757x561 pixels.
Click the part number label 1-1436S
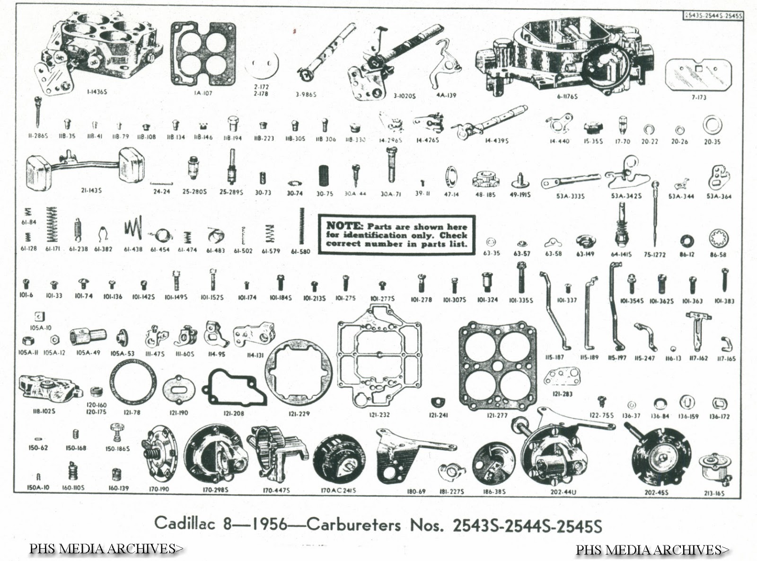(97, 92)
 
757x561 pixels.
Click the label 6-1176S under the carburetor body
(567, 97)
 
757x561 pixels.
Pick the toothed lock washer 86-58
(718, 239)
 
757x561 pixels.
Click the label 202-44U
(563, 492)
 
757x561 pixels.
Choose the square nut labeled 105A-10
(40, 316)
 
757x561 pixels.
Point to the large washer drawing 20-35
(712, 125)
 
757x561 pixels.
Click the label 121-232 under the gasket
(379, 415)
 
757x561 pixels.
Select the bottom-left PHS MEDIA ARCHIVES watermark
(106, 549)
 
